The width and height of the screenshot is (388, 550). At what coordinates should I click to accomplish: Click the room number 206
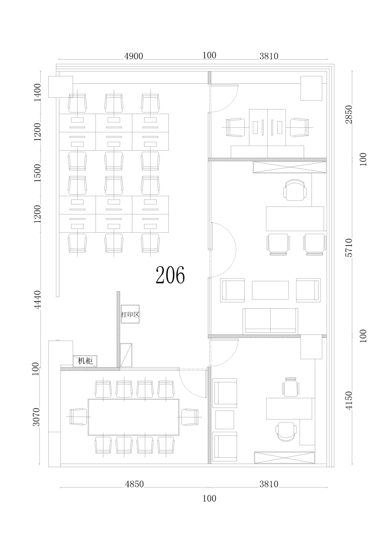click(x=170, y=275)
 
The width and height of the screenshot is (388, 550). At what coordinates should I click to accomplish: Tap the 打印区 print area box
click(x=130, y=314)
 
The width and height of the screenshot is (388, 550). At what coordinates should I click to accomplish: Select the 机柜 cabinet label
click(x=85, y=361)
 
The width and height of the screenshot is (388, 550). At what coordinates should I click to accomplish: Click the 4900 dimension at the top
click(x=133, y=56)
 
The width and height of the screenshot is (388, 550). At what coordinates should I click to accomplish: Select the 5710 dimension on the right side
click(x=348, y=247)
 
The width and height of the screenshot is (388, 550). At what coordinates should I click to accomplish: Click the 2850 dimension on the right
click(x=348, y=115)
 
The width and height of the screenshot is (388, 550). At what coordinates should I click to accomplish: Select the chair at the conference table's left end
click(x=78, y=417)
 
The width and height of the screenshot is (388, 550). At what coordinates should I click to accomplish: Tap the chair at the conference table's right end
click(x=190, y=417)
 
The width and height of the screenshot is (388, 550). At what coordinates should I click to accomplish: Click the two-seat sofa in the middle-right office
click(x=270, y=321)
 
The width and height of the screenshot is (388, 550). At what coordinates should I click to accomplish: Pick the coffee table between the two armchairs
click(x=270, y=290)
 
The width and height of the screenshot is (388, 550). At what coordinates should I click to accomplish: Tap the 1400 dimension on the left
click(x=37, y=92)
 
